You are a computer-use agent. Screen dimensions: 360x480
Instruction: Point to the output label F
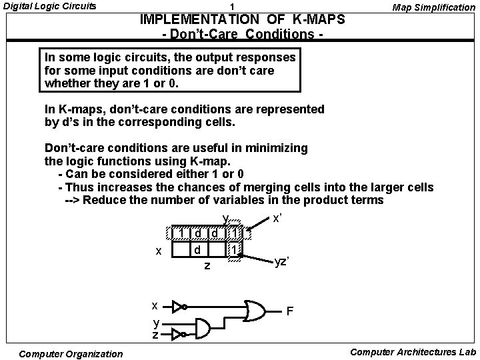[290, 311]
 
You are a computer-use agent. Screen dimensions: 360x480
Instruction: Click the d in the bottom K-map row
[198, 249]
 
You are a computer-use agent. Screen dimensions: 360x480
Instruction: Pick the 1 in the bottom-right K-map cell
[233, 249]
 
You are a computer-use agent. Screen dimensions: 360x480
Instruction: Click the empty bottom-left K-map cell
[181, 249]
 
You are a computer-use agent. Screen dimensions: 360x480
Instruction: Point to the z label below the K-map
[207, 266]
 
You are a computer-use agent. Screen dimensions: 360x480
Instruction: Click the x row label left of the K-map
[158, 251]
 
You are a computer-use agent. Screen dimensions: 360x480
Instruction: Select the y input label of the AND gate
[155, 323]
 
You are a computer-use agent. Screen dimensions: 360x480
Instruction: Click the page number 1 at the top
[231, 7]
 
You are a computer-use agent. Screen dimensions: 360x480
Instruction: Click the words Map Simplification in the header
[433, 7]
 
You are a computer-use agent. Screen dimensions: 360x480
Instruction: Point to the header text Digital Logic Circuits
[49, 7]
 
